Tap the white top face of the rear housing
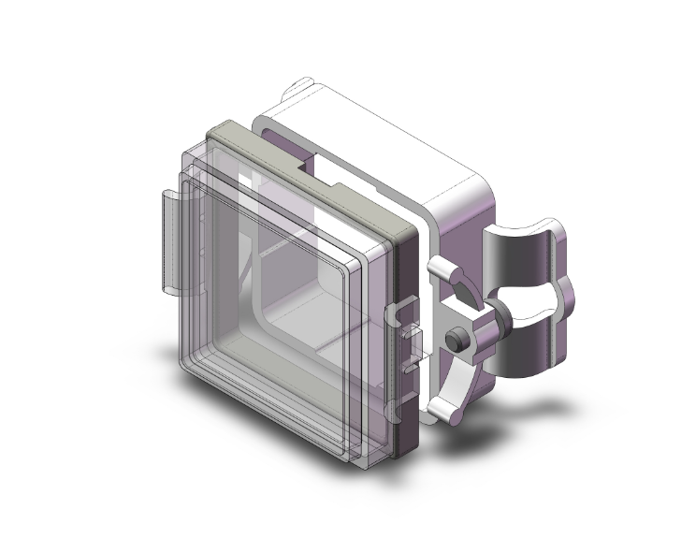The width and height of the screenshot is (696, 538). [x=384, y=140]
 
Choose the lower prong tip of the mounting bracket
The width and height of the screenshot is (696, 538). [x=437, y=409]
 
